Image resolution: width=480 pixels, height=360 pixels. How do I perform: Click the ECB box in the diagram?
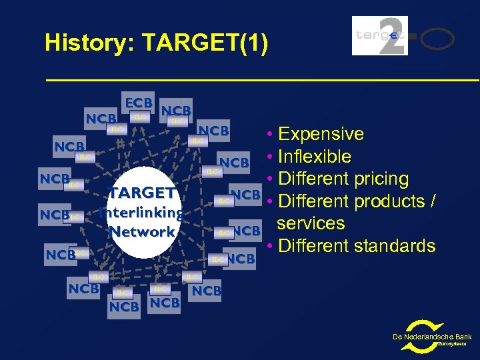139,103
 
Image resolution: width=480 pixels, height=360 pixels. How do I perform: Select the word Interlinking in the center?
141,213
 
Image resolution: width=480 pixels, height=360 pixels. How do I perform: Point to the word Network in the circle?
142,231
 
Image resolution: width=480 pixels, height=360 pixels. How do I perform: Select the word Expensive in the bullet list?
321,134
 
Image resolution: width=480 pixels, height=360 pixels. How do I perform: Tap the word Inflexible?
315,157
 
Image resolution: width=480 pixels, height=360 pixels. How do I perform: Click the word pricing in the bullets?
382,179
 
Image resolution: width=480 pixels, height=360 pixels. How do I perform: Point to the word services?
311,223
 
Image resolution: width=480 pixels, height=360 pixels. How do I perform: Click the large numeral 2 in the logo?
389,35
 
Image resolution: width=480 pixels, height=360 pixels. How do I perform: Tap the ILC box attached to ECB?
139,117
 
